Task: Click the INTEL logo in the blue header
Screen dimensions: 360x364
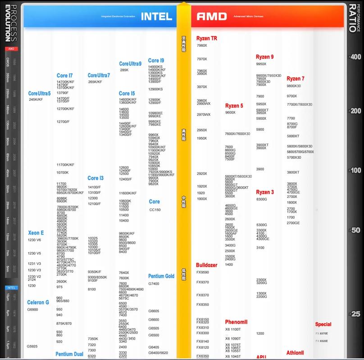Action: coord(156,16)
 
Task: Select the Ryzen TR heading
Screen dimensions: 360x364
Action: coord(207,38)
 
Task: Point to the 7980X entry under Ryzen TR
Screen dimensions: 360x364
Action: coord(201,45)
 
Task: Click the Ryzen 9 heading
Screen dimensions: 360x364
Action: coord(264,57)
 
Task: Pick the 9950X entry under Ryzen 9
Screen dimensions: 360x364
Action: coord(261,64)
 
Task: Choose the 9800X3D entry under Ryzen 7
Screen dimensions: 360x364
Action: coord(294,86)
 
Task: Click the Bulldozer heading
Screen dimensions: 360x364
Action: coord(206,265)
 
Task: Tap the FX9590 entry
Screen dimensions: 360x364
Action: coord(202,272)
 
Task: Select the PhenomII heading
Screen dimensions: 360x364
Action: coord(237,322)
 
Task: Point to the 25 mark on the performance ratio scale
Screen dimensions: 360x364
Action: coord(356,314)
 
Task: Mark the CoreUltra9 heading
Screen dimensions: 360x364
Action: coord(130,63)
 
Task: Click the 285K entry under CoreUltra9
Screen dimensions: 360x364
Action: coord(124,70)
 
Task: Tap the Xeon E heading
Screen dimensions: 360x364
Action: coord(36,233)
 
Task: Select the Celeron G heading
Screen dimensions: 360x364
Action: coord(38,302)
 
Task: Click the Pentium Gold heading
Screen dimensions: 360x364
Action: coord(161,276)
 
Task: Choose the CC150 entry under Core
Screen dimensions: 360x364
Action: coord(155,209)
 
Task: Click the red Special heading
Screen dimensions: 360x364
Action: coord(323,324)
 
